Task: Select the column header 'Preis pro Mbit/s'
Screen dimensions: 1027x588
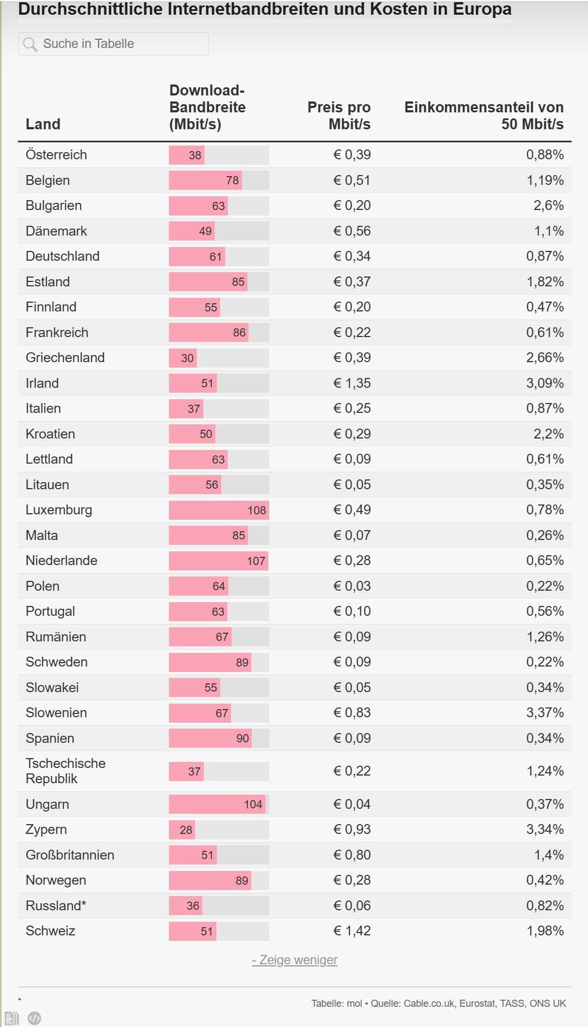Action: coord(338,116)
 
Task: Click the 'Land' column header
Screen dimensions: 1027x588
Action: coord(43,124)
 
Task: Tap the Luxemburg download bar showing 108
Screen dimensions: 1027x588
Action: coord(219,511)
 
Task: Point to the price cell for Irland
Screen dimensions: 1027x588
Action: coord(351,383)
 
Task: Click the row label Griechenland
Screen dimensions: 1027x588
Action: coord(65,358)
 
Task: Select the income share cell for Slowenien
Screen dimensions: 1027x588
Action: coord(544,713)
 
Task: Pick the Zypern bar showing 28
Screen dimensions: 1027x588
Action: coord(182,830)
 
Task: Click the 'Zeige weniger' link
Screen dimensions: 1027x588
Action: coord(295,960)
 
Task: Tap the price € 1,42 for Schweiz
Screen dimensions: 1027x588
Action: coord(351,931)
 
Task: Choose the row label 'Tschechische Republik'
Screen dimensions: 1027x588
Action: coord(65,771)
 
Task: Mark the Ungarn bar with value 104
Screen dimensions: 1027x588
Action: coord(217,804)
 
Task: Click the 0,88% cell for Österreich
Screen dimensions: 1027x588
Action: coord(544,155)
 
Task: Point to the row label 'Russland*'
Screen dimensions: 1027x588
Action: coord(56,906)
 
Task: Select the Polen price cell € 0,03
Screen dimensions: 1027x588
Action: coord(351,586)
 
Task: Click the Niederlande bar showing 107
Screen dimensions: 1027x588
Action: coord(218,561)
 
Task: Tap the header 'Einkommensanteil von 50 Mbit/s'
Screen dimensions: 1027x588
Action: coord(483,116)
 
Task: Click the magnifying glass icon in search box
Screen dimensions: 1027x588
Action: coord(30,44)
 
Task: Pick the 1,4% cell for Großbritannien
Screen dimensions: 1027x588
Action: coord(548,855)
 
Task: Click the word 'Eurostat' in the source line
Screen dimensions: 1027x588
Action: coord(477,1004)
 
